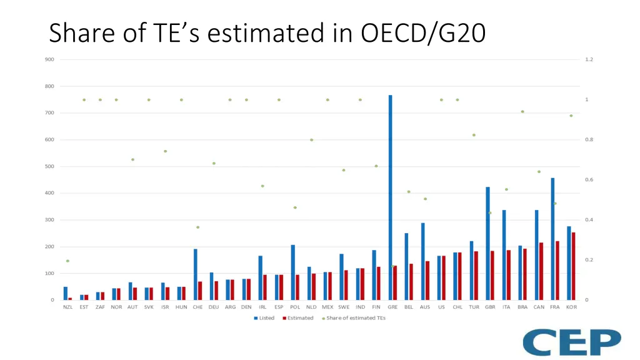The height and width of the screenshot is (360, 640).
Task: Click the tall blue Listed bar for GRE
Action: click(391, 197)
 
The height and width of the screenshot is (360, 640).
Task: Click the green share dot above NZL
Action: click(67, 261)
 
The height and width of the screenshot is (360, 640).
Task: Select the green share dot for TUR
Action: click(474, 135)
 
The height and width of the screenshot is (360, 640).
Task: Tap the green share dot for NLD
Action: click(311, 140)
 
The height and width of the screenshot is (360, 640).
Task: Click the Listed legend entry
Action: click(264, 318)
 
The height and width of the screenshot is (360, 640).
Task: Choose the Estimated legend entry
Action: click(297, 318)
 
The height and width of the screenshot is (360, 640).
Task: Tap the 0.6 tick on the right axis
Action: click(589, 180)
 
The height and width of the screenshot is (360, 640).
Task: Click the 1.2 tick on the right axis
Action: click(589, 59)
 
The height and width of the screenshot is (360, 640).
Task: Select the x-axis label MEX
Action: click(327, 307)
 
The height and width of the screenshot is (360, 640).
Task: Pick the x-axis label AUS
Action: click(425, 307)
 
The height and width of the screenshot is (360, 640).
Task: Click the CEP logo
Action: click(572, 342)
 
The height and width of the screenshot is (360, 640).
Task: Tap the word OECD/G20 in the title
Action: click(422, 32)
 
